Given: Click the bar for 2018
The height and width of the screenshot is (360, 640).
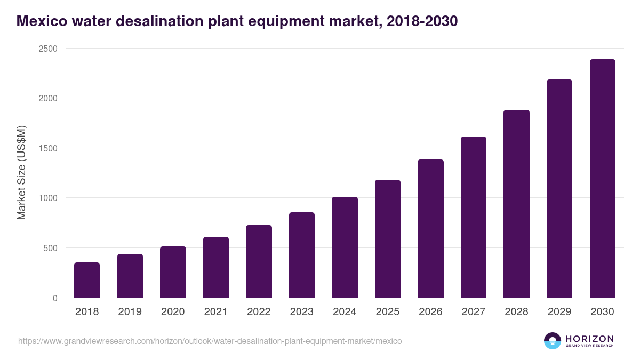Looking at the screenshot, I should pos(87,280).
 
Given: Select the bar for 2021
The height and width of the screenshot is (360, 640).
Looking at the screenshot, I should pos(215,267).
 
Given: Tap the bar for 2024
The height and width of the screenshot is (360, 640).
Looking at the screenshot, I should pos(345,247).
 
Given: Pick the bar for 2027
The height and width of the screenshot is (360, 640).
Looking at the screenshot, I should pos(473,217).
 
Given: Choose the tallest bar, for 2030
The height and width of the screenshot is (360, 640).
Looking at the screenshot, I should pos(602,179).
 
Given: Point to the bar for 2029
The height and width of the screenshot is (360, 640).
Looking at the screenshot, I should pos(559,189).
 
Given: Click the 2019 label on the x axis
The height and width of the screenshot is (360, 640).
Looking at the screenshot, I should pos(130,312).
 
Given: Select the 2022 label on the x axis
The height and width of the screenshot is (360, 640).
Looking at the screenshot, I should pos(259,312).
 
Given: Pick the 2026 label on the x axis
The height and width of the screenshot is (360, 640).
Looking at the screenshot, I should pos(430,312).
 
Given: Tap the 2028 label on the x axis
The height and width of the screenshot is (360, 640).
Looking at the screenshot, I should pos(516,312).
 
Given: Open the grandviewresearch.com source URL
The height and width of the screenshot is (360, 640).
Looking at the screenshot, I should pos(210,341).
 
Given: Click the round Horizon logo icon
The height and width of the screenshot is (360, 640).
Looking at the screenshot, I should pos(553,341).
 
